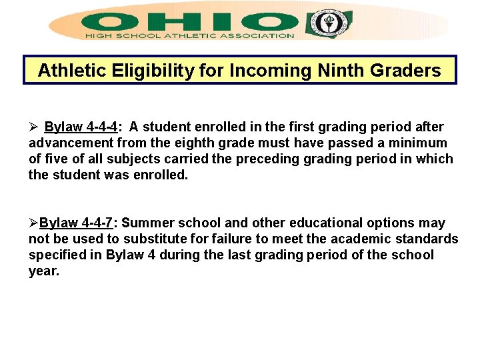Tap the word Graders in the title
pyautogui.click(x=408, y=71)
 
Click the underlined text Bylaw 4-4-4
pyautogui.click(x=81, y=127)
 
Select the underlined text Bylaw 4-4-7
pyautogui.click(x=76, y=223)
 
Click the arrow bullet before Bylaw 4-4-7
pyautogui.click(x=33, y=223)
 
